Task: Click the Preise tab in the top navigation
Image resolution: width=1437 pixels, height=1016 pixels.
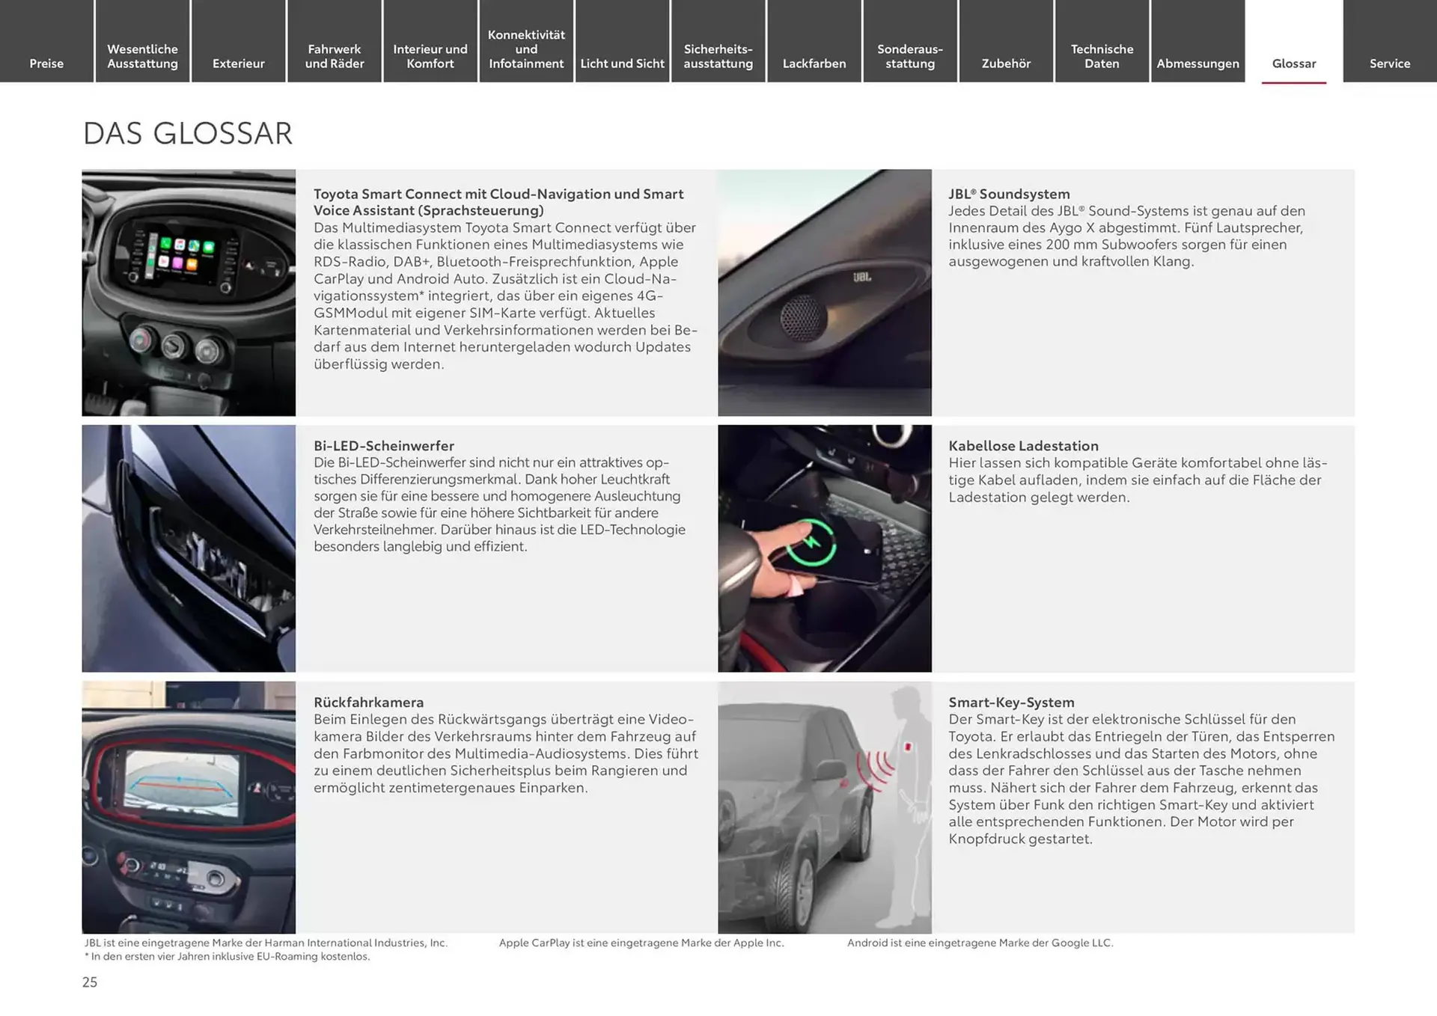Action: [46, 63]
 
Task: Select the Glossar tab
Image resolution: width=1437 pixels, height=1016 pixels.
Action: [1293, 63]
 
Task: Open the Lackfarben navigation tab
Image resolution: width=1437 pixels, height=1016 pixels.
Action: [814, 63]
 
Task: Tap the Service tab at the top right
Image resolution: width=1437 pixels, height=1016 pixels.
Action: [1389, 63]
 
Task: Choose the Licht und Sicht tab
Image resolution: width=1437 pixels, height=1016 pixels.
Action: [622, 63]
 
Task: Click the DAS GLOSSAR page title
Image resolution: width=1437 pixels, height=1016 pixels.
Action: [187, 133]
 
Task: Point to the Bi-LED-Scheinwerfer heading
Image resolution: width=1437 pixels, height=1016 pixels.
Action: [383, 445]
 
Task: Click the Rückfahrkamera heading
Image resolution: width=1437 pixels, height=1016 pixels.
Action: [368, 702]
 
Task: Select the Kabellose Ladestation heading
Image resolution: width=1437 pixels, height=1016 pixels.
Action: [1023, 445]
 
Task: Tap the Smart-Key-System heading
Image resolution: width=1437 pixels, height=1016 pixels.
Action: [1011, 702]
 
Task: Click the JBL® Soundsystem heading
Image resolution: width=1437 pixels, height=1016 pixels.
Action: [1009, 194]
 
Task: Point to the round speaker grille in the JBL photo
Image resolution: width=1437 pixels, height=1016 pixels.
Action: [802, 317]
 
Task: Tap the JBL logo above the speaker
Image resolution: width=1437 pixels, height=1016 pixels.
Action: [861, 277]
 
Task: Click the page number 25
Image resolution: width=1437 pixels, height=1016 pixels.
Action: [90, 982]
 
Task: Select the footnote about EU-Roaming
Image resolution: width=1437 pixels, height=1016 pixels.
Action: [228, 956]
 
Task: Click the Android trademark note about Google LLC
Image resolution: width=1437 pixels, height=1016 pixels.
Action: [980, 943]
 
